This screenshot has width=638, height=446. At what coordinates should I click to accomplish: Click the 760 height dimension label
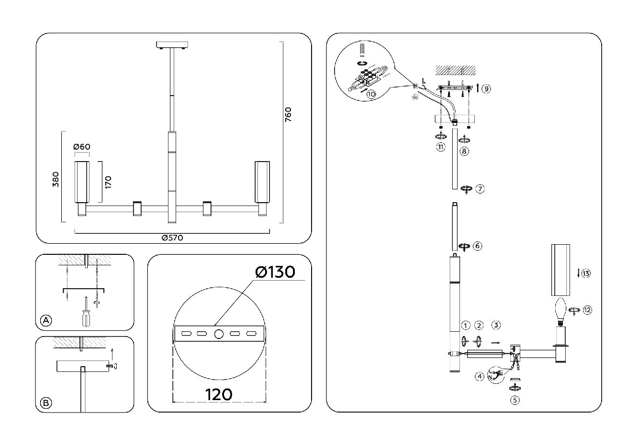[x=288, y=116]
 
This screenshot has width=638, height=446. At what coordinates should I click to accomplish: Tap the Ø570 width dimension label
[x=173, y=238]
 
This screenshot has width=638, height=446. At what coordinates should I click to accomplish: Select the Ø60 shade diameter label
[x=82, y=147]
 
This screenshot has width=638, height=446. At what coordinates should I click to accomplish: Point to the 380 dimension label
[x=56, y=179]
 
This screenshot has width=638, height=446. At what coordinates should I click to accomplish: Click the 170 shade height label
[x=108, y=182]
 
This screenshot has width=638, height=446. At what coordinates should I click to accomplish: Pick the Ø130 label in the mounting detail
[x=275, y=272]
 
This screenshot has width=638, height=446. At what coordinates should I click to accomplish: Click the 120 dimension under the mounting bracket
[x=219, y=394]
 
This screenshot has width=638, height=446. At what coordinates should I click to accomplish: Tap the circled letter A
[x=46, y=320]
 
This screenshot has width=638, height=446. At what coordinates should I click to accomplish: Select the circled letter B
[x=46, y=403]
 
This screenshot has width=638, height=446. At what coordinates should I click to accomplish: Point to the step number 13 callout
[x=585, y=273]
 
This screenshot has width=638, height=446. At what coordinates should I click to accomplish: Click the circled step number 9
[x=486, y=88]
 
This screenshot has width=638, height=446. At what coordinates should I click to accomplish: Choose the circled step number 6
[x=477, y=246]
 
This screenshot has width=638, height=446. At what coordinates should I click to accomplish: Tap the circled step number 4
[x=480, y=376]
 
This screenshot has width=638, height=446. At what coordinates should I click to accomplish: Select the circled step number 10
[x=371, y=94]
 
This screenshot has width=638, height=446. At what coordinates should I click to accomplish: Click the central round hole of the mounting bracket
[x=219, y=334]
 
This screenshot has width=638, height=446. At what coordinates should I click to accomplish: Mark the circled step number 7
[x=480, y=189]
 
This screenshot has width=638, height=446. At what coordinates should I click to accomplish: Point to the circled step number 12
[x=587, y=310]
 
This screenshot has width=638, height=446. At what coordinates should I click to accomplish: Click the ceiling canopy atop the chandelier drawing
[x=173, y=45]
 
